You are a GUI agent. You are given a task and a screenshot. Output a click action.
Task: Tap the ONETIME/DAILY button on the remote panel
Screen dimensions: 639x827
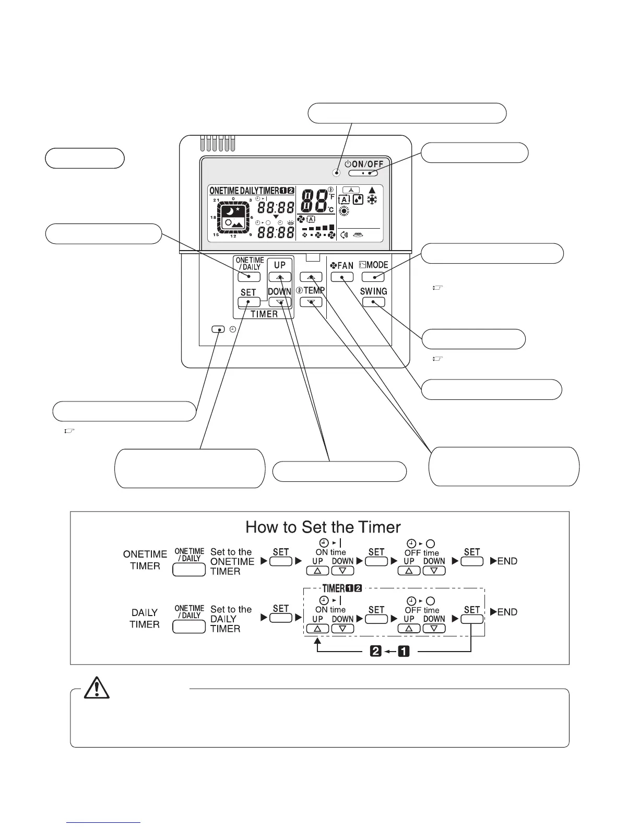249,277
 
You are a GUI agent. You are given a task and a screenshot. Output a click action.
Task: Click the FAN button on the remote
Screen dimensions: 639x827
342,277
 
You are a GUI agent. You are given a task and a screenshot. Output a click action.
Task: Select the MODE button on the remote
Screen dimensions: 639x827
373,277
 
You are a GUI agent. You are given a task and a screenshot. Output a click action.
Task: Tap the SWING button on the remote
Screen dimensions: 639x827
373,302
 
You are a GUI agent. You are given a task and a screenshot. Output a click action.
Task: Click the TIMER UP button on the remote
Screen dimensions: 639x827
280,277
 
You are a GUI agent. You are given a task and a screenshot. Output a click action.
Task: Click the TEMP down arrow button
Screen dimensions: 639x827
311,302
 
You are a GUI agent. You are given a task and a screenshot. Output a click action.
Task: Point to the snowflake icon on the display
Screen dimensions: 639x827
373,199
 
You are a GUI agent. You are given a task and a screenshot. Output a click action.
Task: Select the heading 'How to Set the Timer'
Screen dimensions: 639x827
323,527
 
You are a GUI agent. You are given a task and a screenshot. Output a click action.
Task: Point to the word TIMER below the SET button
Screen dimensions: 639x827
264,314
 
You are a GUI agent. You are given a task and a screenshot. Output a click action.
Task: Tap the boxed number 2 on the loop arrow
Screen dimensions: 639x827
376,652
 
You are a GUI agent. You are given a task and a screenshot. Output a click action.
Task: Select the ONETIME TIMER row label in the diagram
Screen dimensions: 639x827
145,560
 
